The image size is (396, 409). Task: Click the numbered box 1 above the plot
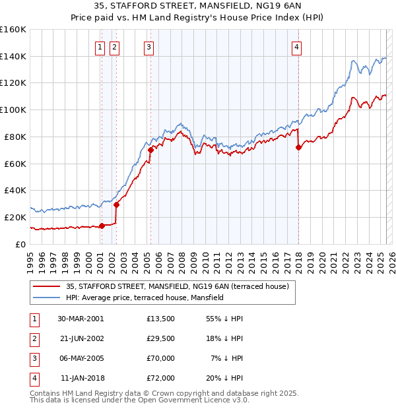(x=100, y=47)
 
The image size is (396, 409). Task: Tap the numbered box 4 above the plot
(x=297, y=47)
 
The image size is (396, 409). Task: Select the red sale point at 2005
(x=150, y=150)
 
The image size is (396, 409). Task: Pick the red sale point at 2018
(x=298, y=147)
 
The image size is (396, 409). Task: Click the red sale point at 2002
(x=117, y=204)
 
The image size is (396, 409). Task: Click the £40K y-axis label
(x=15, y=190)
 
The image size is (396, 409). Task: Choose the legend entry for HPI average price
(x=145, y=298)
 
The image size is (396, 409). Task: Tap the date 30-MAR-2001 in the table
(x=81, y=319)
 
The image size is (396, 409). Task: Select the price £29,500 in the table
(x=161, y=338)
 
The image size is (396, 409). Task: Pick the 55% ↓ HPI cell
(x=224, y=319)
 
